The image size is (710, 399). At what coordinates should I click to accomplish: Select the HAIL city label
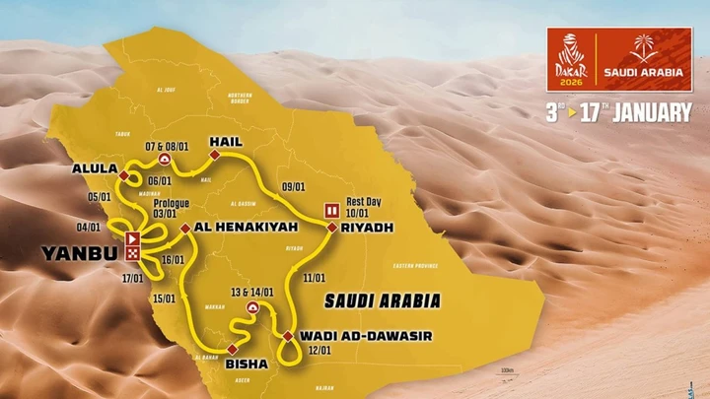pos(225,142)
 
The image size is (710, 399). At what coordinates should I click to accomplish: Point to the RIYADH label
pos(368,228)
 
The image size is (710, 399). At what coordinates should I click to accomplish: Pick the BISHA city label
pos(247,364)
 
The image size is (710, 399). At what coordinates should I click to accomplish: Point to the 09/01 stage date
pos(293,185)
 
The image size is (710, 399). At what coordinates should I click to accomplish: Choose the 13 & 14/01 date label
pos(252,293)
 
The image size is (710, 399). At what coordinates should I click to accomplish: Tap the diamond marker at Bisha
pos(232,349)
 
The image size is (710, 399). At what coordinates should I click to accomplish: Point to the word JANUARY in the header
pos(652,112)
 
